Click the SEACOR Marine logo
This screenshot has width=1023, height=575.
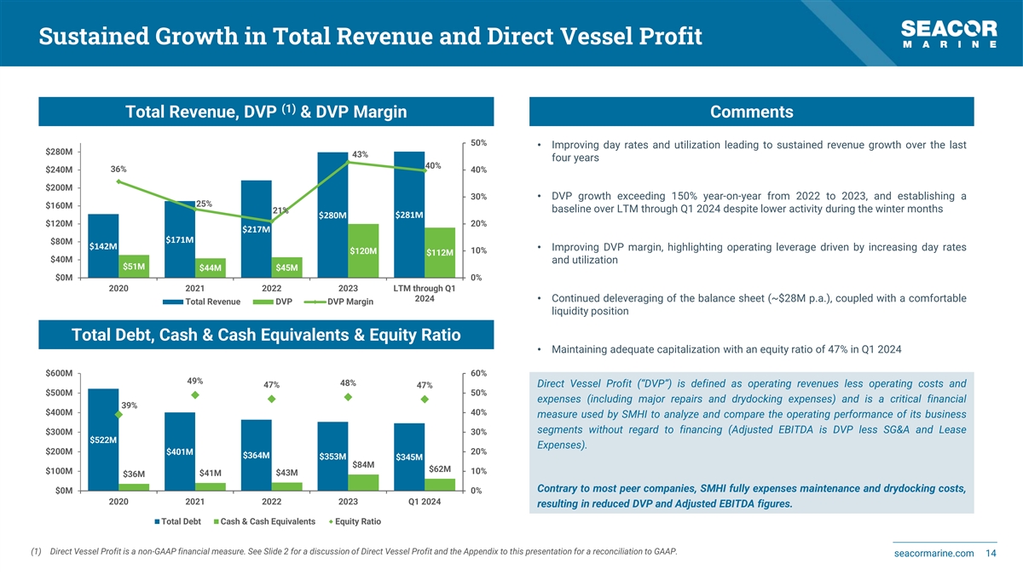tap(949, 33)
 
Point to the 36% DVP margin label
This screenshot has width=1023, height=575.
tap(118, 169)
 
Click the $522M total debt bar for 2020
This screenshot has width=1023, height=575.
tap(103, 439)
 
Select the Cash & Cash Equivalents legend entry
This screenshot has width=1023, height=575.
tap(264, 521)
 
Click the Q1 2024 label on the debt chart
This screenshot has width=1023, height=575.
tap(425, 502)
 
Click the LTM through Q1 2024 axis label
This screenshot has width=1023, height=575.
tap(424, 293)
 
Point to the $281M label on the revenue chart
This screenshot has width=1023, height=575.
tap(410, 215)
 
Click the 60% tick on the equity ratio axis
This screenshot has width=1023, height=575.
tap(478, 373)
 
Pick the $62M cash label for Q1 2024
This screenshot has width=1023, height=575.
tap(440, 469)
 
